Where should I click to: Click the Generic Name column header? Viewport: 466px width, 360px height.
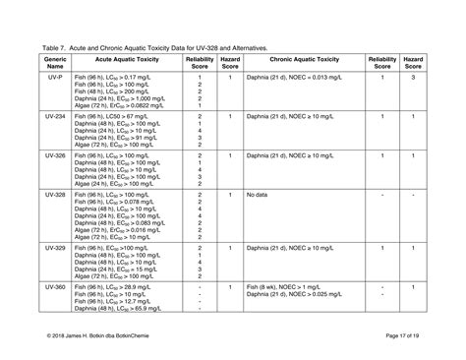coord(55,63)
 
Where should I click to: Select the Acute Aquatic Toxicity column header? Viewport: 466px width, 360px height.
coord(122,63)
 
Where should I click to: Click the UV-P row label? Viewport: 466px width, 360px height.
coord(55,77)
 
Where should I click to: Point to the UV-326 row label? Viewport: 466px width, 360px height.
coord(55,155)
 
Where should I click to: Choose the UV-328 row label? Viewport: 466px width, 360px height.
coord(55,196)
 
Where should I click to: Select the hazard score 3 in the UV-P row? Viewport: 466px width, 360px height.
coord(414,77)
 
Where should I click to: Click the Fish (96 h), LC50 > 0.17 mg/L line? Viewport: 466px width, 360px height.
coord(114,77)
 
